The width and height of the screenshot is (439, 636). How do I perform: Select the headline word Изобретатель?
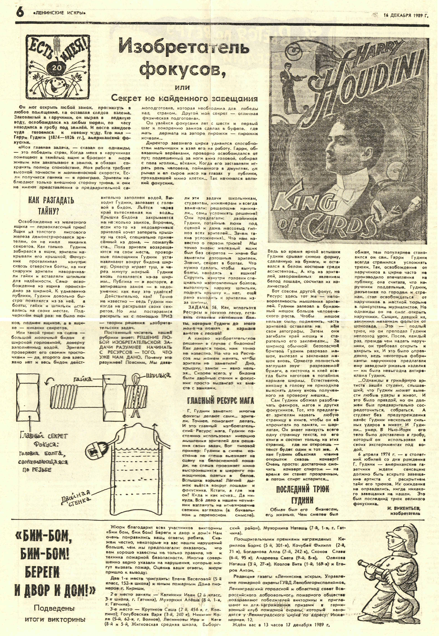coord(184,48)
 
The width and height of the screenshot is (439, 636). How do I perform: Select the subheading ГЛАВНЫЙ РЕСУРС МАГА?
coord(220,400)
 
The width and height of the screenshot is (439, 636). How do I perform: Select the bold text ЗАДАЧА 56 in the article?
coord(199,307)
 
